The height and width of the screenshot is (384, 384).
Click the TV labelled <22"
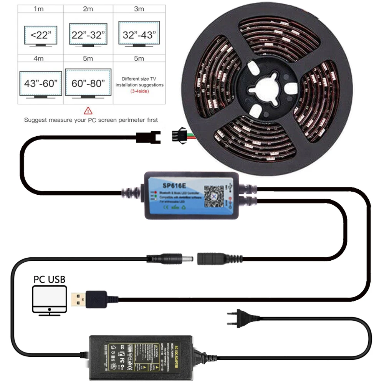tap(40, 36)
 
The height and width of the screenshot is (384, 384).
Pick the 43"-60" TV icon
tap(40, 83)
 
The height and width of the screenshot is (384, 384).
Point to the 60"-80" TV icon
tap(88, 82)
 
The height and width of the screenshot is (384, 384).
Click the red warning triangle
tap(88, 111)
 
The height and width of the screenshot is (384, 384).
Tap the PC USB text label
tap(50, 279)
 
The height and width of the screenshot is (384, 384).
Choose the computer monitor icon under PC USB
tap(50, 301)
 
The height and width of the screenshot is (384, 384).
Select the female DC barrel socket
tap(213, 257)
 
